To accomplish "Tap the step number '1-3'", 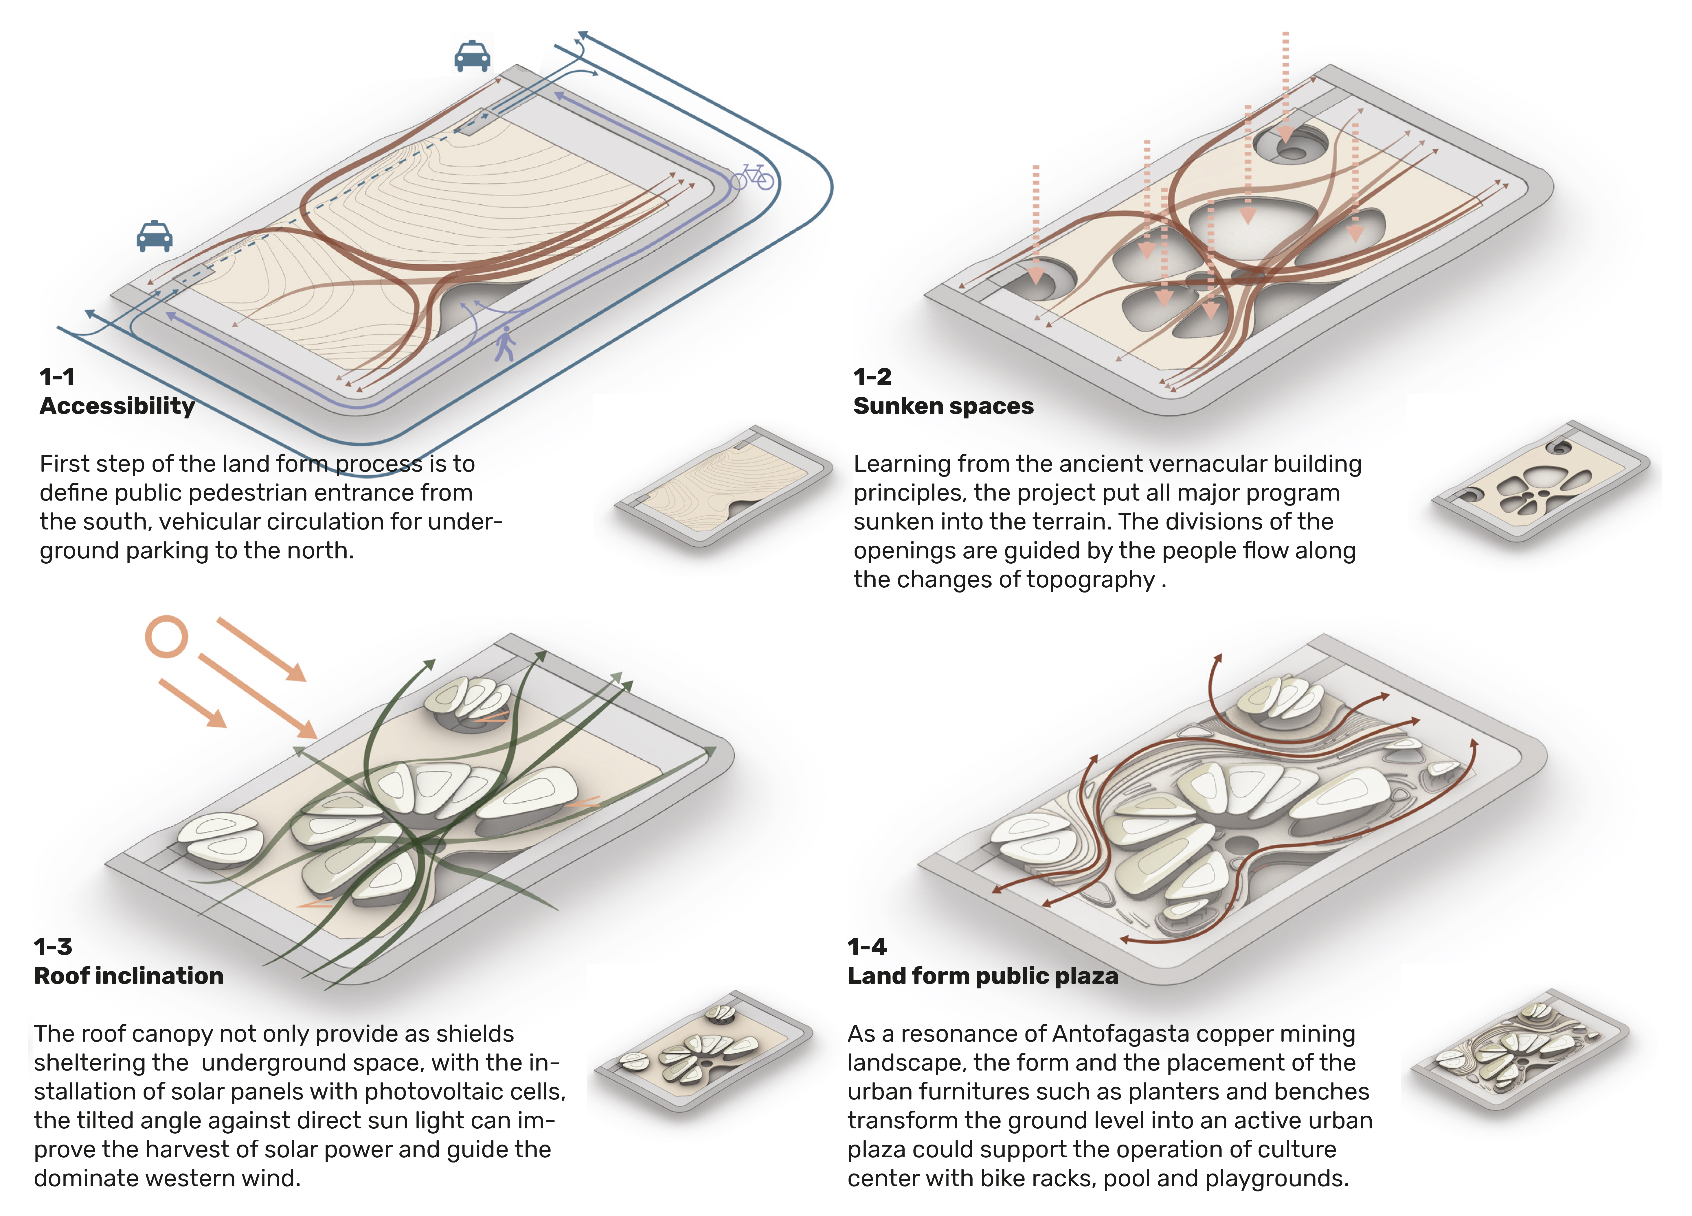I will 53,947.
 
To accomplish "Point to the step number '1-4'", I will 867,947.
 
